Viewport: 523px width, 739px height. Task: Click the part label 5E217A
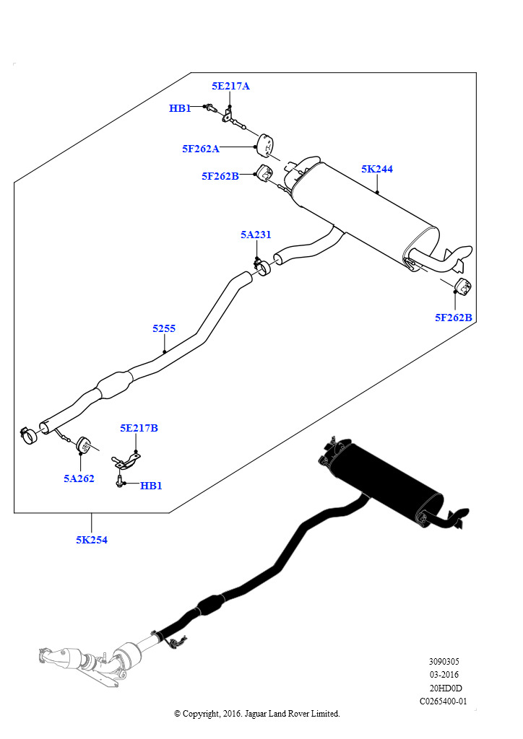pos(230,86)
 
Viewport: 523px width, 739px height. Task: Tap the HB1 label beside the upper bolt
pos(180,108)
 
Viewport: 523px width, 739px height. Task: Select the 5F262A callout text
pos(201,149)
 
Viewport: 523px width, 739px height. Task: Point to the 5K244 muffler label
pos(377,169)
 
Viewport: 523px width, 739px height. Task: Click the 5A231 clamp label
pos(256,235)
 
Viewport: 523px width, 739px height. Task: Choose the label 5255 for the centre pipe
pos(164,328)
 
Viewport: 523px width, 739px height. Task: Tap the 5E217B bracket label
pos(139,428)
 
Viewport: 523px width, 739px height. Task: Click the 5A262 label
pos(79,479)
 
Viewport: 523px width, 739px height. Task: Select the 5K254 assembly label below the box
pos(92,540)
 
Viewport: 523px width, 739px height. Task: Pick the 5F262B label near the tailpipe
pos(453,318)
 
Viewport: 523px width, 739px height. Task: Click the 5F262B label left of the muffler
pos(220,176)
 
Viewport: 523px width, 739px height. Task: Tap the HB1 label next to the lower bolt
pos(151,486)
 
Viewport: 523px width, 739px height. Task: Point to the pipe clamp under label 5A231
pos(262,267)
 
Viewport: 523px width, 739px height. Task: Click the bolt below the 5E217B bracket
pos(119,481)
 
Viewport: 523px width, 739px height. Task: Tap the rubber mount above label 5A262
pos(84,445)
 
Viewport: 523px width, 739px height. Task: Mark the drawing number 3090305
pos(444,662)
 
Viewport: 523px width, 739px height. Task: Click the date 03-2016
pos(444,675)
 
